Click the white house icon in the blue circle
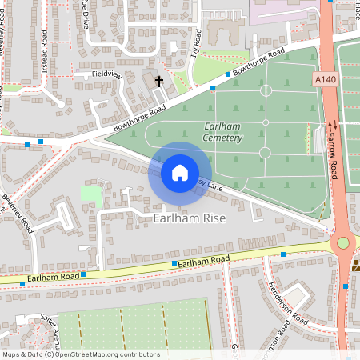(180, 173)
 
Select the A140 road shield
(324, 79)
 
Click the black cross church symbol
(158, 81)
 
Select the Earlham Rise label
(190, 218)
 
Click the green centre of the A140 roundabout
(343, 242)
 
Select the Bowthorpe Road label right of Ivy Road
(258, 63)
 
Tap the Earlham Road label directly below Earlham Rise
(203, 261)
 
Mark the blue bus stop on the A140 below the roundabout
(346, 286)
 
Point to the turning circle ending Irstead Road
(58, 102)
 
